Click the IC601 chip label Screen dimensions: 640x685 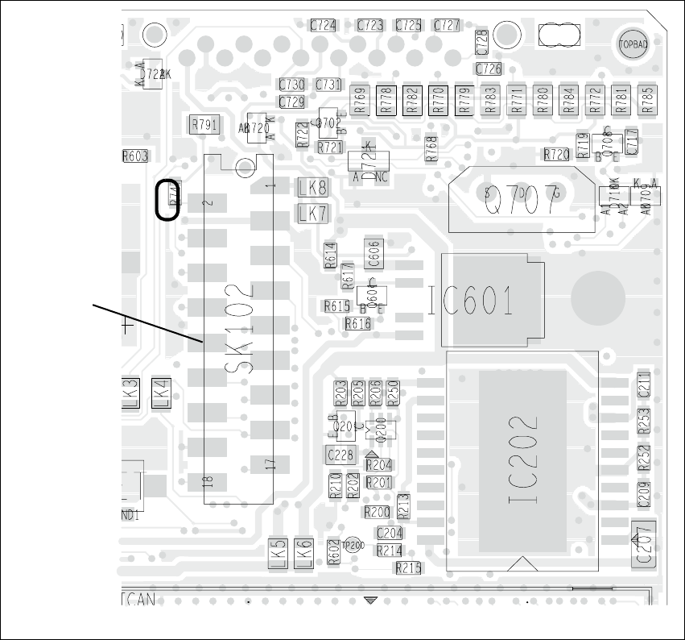tap(470, 301)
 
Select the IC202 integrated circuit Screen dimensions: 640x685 tap(522, 461)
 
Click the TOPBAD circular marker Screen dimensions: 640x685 tap(632, 45)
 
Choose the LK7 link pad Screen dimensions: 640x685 tap(312, 214)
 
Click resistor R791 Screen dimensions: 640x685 tap(204, 125)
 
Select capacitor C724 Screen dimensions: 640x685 tap(324, 26)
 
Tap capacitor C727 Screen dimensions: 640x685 tap(447, 26)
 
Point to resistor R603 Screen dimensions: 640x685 tap(135, 157)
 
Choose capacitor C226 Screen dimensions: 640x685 tap(340, 455)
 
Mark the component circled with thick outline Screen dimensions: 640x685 tap(168, 199)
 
